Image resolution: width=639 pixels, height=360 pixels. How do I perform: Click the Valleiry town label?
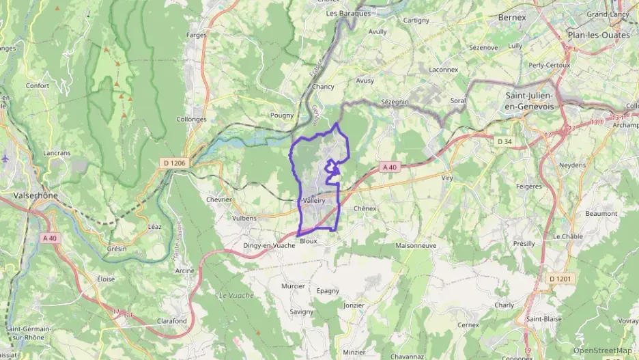pos(312,201)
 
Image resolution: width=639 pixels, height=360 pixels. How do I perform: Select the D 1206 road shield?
pos(175,163)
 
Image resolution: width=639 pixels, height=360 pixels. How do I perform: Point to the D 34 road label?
pos(504,141)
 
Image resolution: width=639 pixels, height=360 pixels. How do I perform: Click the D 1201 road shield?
pos(560,279)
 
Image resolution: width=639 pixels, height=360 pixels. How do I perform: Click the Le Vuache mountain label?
pos(236,295)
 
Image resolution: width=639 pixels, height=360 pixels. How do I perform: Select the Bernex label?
pos(512,16)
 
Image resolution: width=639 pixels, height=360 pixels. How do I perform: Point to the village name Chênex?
pos(365,208)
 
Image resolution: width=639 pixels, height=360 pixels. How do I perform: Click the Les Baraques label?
pos(348,13)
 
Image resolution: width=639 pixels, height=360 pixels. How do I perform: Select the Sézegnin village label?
pos(394,101)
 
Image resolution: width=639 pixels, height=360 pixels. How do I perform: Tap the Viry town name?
pos(447,178)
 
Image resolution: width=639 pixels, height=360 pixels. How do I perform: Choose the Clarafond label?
pos(171,320)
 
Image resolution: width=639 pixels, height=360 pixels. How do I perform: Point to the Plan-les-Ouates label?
pos(598,33)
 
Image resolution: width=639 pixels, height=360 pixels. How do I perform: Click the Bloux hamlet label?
pos(309,241)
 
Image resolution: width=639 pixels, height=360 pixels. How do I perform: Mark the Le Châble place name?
pos(567,236)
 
